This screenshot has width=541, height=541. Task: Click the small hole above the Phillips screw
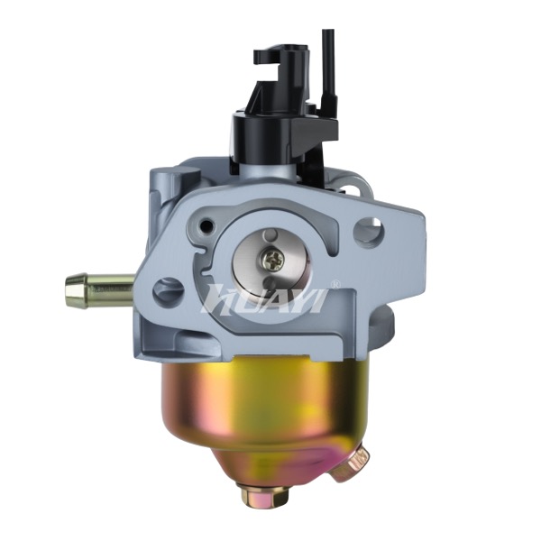click(x=270, y=236)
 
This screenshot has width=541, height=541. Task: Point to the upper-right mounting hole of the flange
click(x=369, y=229)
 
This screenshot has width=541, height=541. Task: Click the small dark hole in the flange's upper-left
click(x=207, y=225)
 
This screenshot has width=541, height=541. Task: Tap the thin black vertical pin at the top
click(x=326, y=66)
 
